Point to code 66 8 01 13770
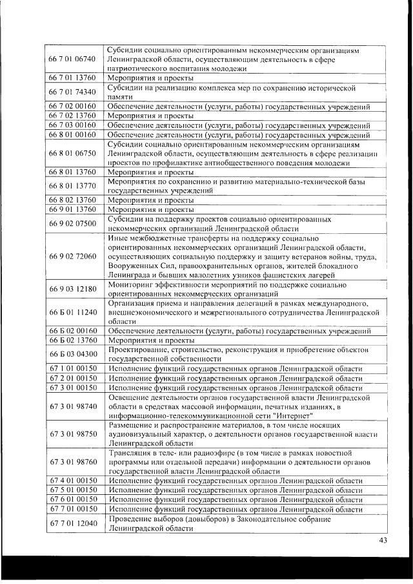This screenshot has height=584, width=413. pos(72,186)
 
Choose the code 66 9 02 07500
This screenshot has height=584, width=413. pos(72,224)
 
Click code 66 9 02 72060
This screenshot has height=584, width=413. pos(72,256)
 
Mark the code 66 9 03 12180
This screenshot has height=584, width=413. pos(72,287)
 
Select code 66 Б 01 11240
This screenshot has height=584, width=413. pos(72,312)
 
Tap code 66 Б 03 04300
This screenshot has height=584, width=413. pos(72,353)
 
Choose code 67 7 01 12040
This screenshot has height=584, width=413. pos(72,523)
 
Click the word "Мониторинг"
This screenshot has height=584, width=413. pos(132,284)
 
